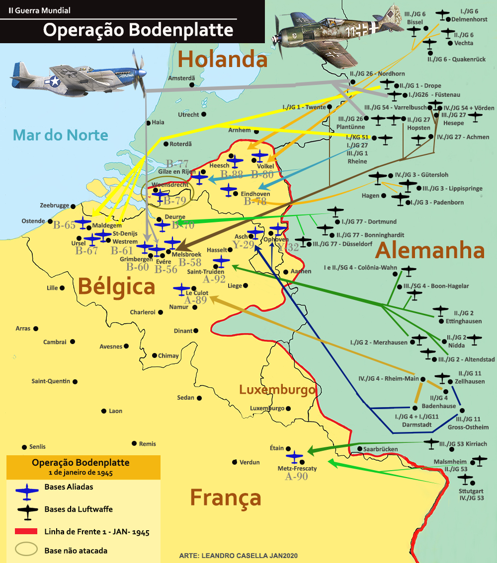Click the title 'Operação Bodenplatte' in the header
138,30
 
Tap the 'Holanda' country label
222,60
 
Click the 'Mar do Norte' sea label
60,135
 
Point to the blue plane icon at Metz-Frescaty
295,455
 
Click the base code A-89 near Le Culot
195,300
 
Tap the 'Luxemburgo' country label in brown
277,390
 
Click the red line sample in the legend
26,531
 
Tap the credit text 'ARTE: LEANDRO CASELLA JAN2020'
238,556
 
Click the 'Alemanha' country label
429,250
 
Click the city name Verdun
249,462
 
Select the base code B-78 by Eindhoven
255,201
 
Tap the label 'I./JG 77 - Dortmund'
369,221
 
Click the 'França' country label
225,497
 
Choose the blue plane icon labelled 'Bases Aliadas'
27,490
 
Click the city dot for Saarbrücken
359,449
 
